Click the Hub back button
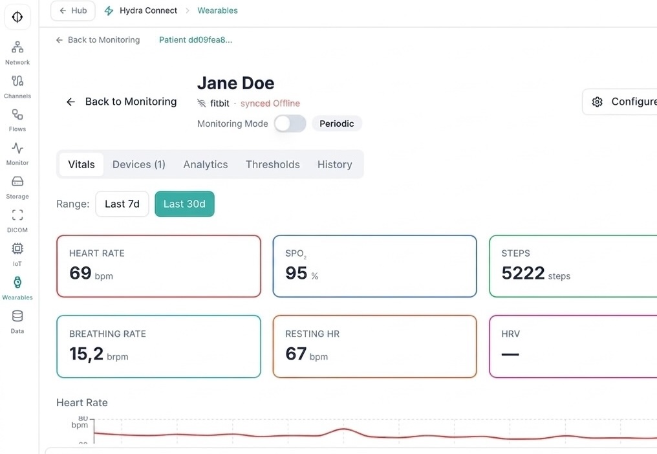pos(72,10)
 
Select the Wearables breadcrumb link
pos(217,10)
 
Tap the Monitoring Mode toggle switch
pos(290,124)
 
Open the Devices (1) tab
pos(138,164)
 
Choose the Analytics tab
pos(205,164)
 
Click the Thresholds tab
pos(272,164)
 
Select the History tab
pos(334,164)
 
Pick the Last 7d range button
pos(122,204)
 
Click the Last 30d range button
pos(184,204)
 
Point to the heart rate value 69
pos(81,273)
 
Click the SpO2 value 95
pos(296,273)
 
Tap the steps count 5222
pos(523,273)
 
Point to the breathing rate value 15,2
pos(86,354)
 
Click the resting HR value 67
pos(296,354)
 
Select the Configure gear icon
pos(598,102)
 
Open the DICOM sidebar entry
pos(17,221)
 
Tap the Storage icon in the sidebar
pos(17,182)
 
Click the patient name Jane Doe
pos(235,83)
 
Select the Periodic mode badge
pos(336,124)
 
